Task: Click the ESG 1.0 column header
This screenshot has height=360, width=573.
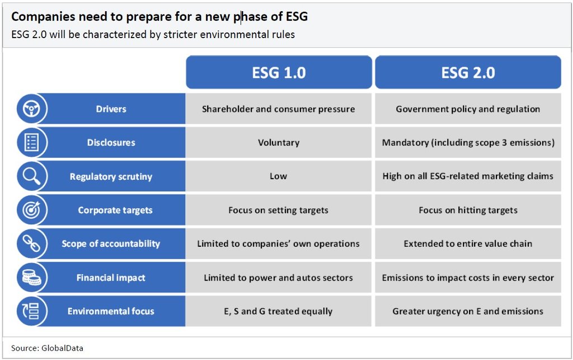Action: coord(279,72)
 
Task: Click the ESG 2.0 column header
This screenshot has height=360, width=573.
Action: coord(468,72)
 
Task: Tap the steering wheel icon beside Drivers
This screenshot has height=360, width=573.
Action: coord(32,109)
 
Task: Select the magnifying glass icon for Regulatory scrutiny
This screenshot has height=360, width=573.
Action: coord(31,176)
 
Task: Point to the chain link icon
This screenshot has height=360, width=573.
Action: coord(31,244)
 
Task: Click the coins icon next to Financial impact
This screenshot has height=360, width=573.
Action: coord(31,277)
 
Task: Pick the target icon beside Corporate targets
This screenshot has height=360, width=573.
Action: coord(31,210)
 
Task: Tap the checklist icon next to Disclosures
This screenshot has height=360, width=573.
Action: coord(31,142)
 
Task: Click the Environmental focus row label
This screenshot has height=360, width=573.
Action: coord(111,311)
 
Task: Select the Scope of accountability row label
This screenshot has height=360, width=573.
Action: coord(111,244)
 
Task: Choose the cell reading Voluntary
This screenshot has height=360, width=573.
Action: coord(279,143)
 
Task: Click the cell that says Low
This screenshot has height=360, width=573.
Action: coord(279,176)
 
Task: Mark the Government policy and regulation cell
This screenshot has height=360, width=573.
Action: coord(468,109)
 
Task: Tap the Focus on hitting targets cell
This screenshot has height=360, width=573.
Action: coord(468,210)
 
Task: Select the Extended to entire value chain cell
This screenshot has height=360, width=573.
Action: coord(468,244)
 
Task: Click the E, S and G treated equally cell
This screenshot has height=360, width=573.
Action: coord(279,311)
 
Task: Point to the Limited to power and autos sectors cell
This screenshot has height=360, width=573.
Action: coord(279,278)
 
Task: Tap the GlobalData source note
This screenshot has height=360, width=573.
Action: coord(47,348)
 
